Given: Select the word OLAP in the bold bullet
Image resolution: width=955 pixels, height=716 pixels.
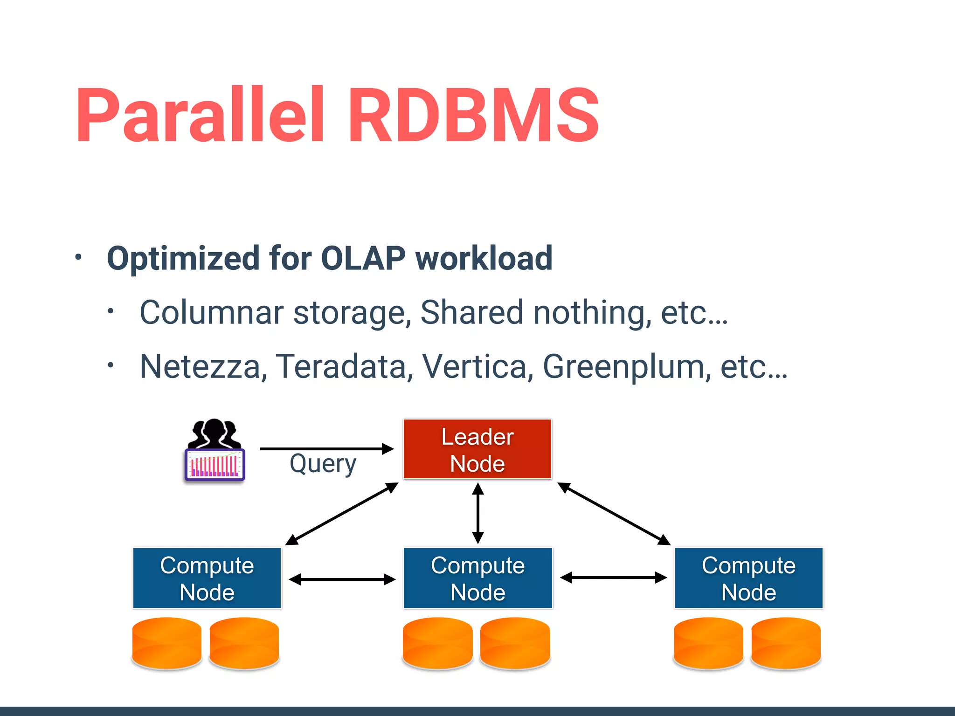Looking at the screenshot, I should point(363,258).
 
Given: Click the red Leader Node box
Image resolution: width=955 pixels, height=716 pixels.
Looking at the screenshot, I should point(477,449).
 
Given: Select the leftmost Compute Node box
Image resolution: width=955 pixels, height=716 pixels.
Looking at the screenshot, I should point(207,578).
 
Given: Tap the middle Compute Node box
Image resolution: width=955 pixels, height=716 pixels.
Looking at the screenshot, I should point(477,578).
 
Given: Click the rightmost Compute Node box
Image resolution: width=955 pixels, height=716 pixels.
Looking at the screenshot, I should point(748,578).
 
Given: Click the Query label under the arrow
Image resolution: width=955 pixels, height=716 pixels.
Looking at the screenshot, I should point(323,464).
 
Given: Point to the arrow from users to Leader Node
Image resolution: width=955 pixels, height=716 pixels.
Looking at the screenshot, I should point(326,449).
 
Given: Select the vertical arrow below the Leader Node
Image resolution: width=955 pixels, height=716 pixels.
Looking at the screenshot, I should point(477,513).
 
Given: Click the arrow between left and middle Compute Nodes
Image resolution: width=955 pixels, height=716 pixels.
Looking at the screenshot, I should point(342,579).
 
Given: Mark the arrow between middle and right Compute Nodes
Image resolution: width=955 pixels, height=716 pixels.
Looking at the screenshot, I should point(613,578).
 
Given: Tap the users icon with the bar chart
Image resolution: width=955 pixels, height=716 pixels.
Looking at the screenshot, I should point(215,450).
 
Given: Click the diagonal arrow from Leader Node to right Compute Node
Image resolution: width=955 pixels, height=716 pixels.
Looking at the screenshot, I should point(614,513).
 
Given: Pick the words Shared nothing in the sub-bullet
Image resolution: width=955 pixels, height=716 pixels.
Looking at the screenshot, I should point(535,312).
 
